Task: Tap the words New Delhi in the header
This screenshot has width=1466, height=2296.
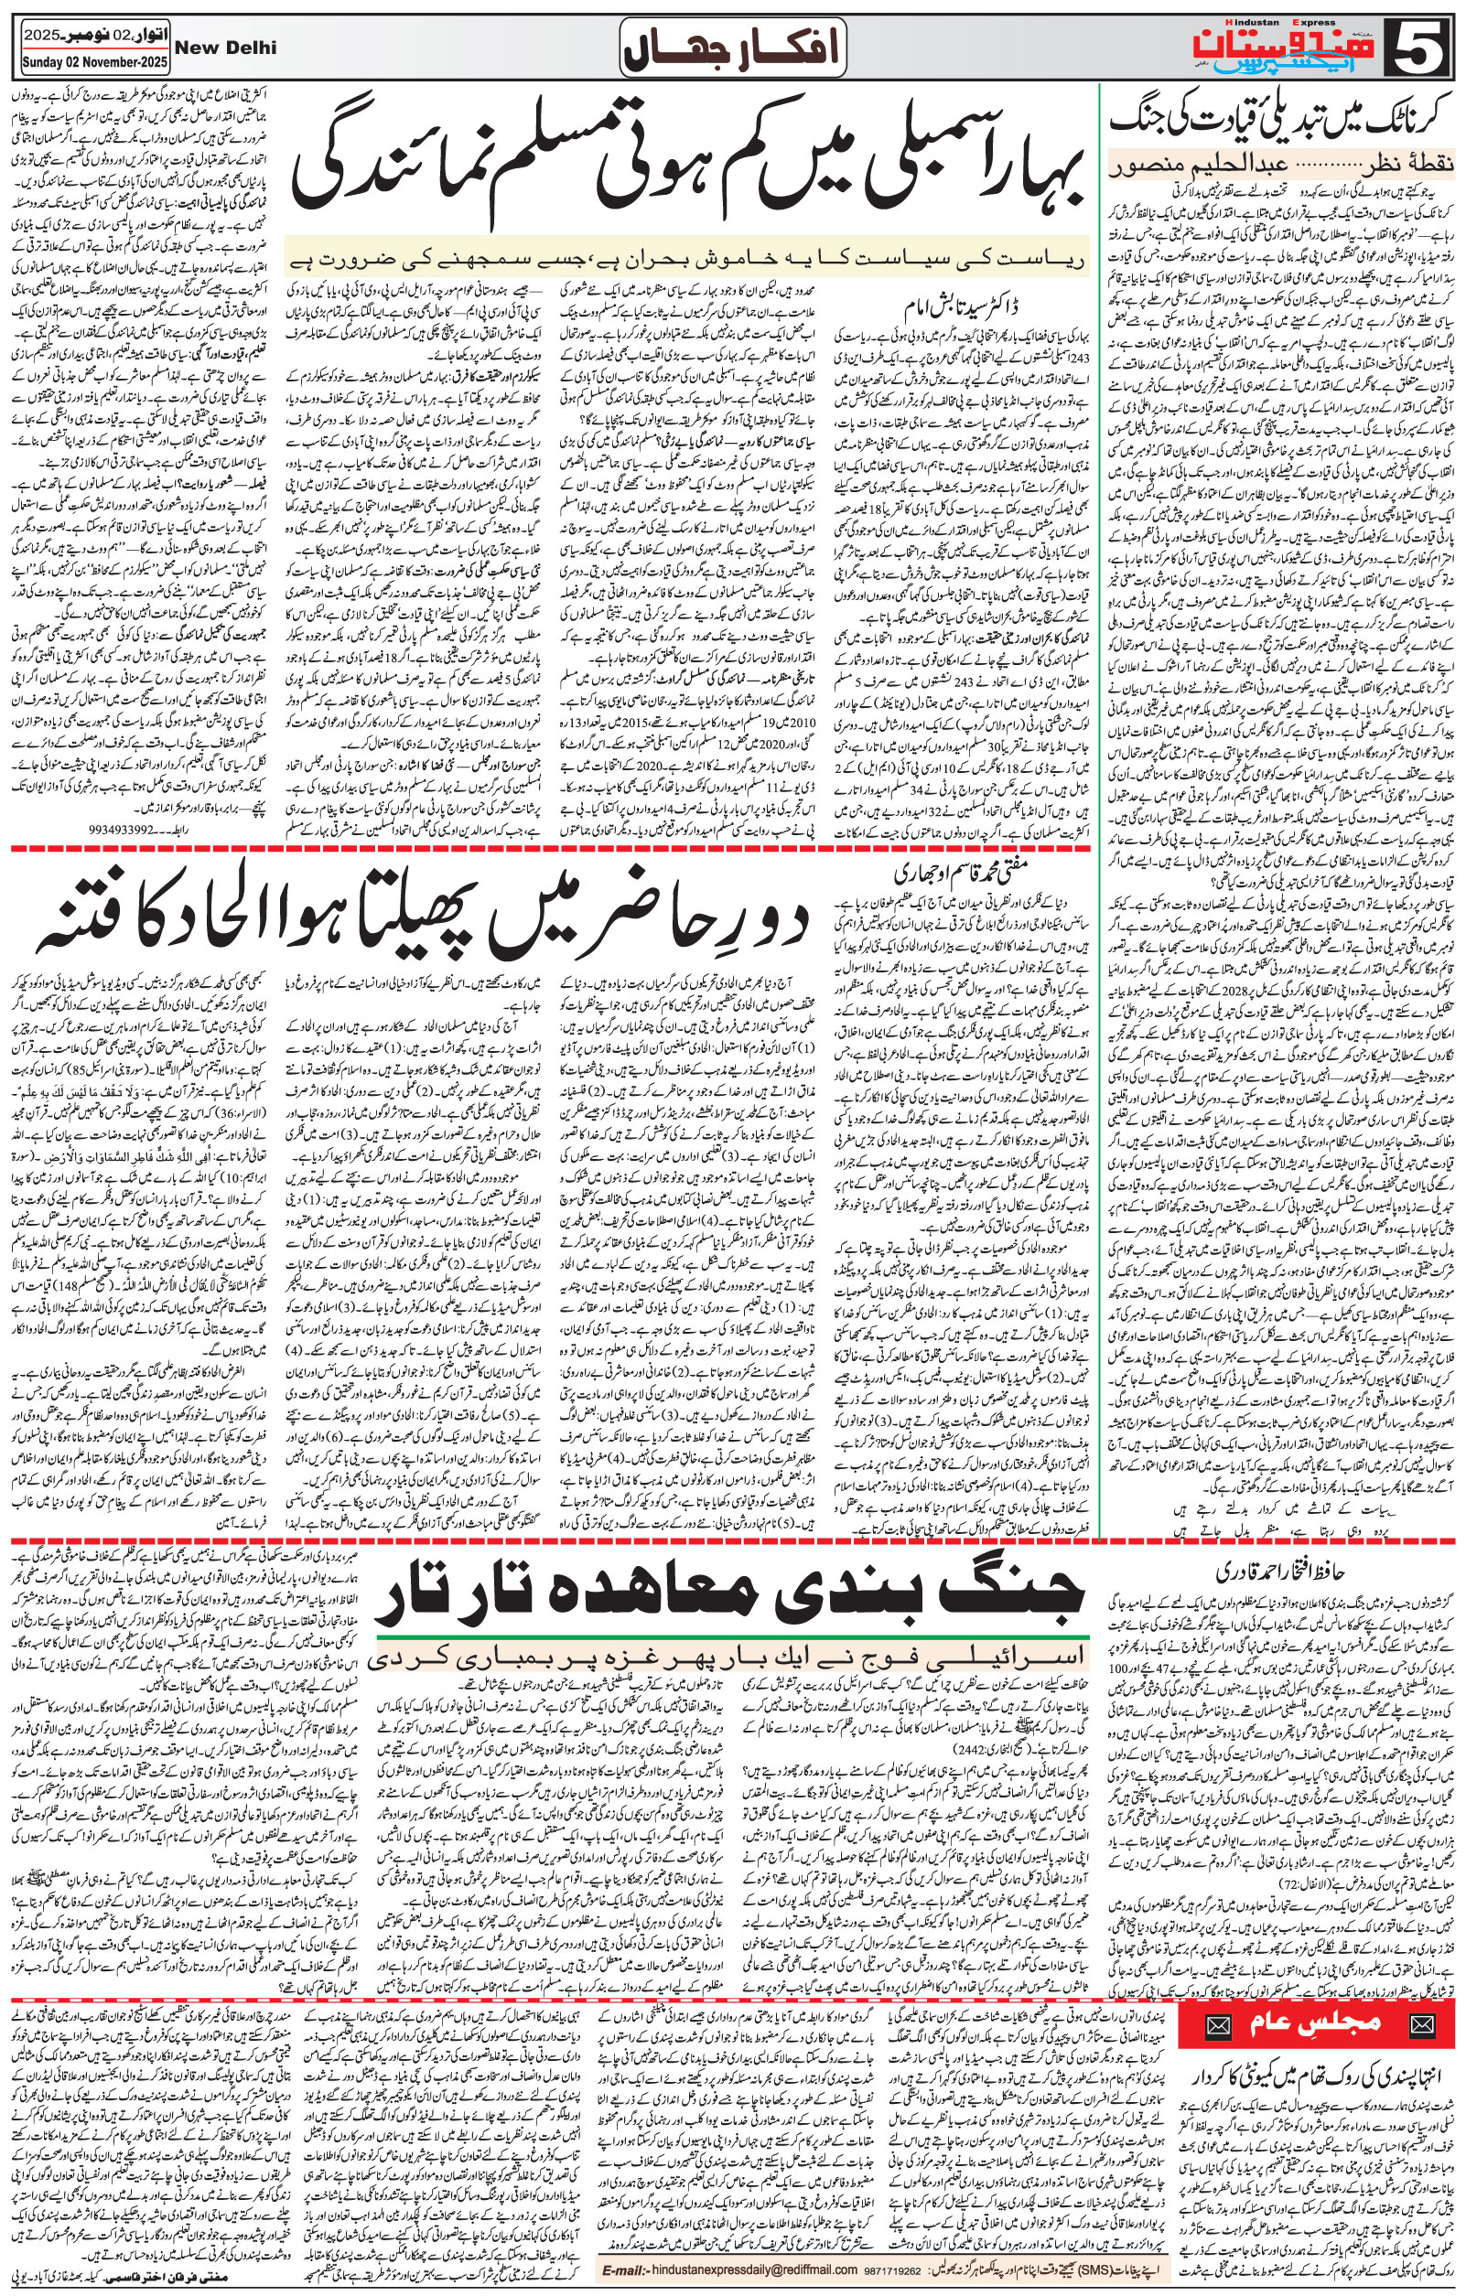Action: (x=226, y=47)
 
